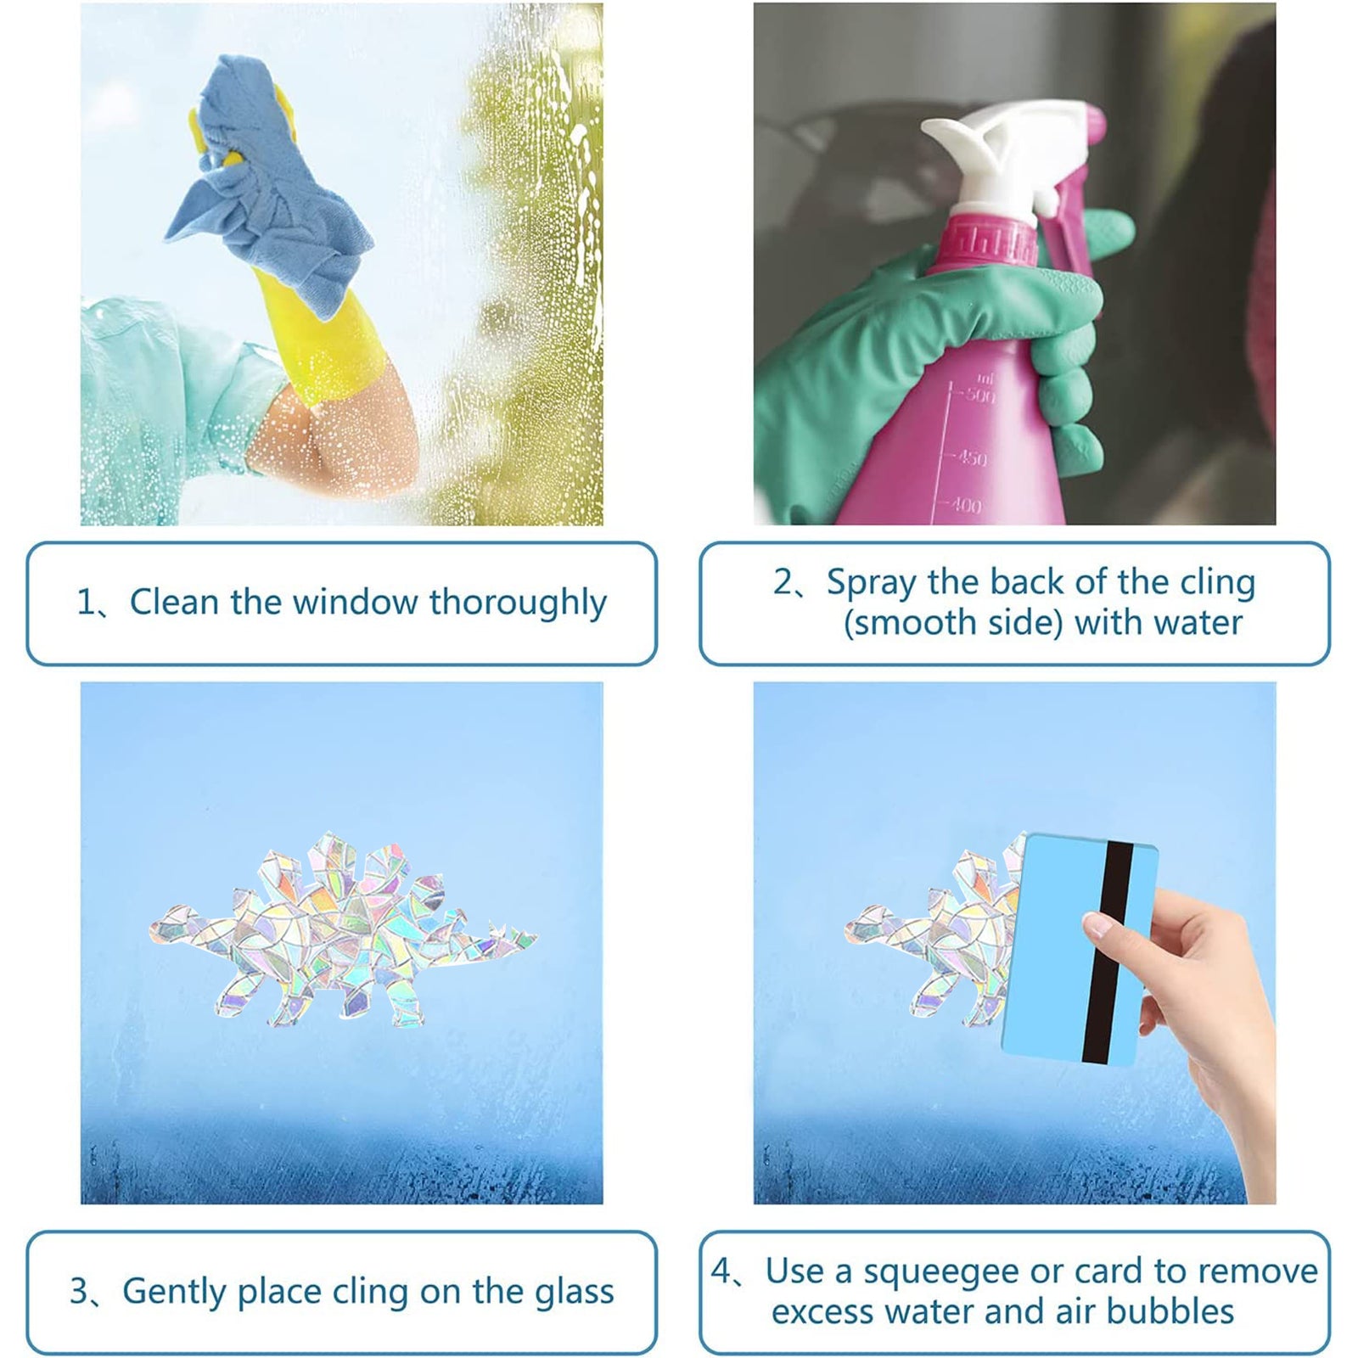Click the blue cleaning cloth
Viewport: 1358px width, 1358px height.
pyautogui.click(x=272, y=187)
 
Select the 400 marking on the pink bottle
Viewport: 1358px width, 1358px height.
pyautogui.click(x=965, y=506)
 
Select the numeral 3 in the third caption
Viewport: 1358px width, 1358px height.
pyautogui.click(x=79, y=1292)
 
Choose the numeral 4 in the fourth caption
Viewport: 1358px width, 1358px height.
pyautogui.click(x=721, y=1272)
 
